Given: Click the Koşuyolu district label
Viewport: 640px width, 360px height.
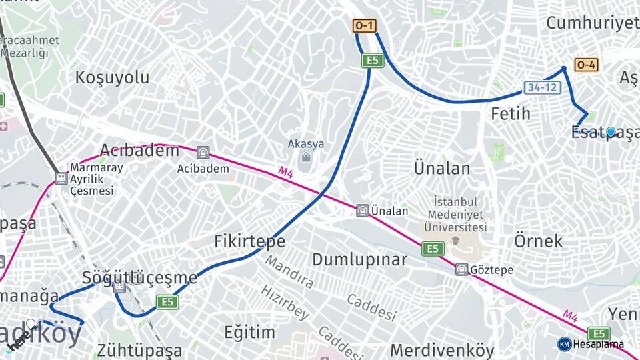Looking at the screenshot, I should (112, 77).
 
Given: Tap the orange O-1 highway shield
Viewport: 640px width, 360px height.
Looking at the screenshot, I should (365, 26).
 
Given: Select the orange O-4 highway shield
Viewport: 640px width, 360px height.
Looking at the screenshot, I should (586, 65).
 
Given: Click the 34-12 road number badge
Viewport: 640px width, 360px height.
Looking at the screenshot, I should (541, 87).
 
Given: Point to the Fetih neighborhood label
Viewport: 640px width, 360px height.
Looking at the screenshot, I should (511, 114).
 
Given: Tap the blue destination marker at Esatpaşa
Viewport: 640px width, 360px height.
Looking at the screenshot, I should (611, 132).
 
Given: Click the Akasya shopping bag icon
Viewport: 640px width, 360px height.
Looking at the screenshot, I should (306, 158).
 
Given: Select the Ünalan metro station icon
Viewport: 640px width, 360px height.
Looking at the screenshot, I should (363, 211).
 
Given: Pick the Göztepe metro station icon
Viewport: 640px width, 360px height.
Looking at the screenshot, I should (461, 269).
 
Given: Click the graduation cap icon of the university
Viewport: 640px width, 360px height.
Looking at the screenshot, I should (456, 241).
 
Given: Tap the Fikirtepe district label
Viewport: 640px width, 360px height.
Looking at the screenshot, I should (249, 241).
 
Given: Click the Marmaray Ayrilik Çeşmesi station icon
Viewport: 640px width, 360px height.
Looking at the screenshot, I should (61, 179).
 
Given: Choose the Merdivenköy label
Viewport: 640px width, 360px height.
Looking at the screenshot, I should (442, 350).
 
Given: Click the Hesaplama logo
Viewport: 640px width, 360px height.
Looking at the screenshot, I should (591, 344).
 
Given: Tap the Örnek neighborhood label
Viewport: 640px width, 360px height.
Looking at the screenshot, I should (539, 241).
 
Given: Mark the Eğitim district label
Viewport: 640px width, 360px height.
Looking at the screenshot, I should (249, 332).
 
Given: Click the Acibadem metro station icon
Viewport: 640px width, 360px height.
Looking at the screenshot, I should (203, 152).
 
